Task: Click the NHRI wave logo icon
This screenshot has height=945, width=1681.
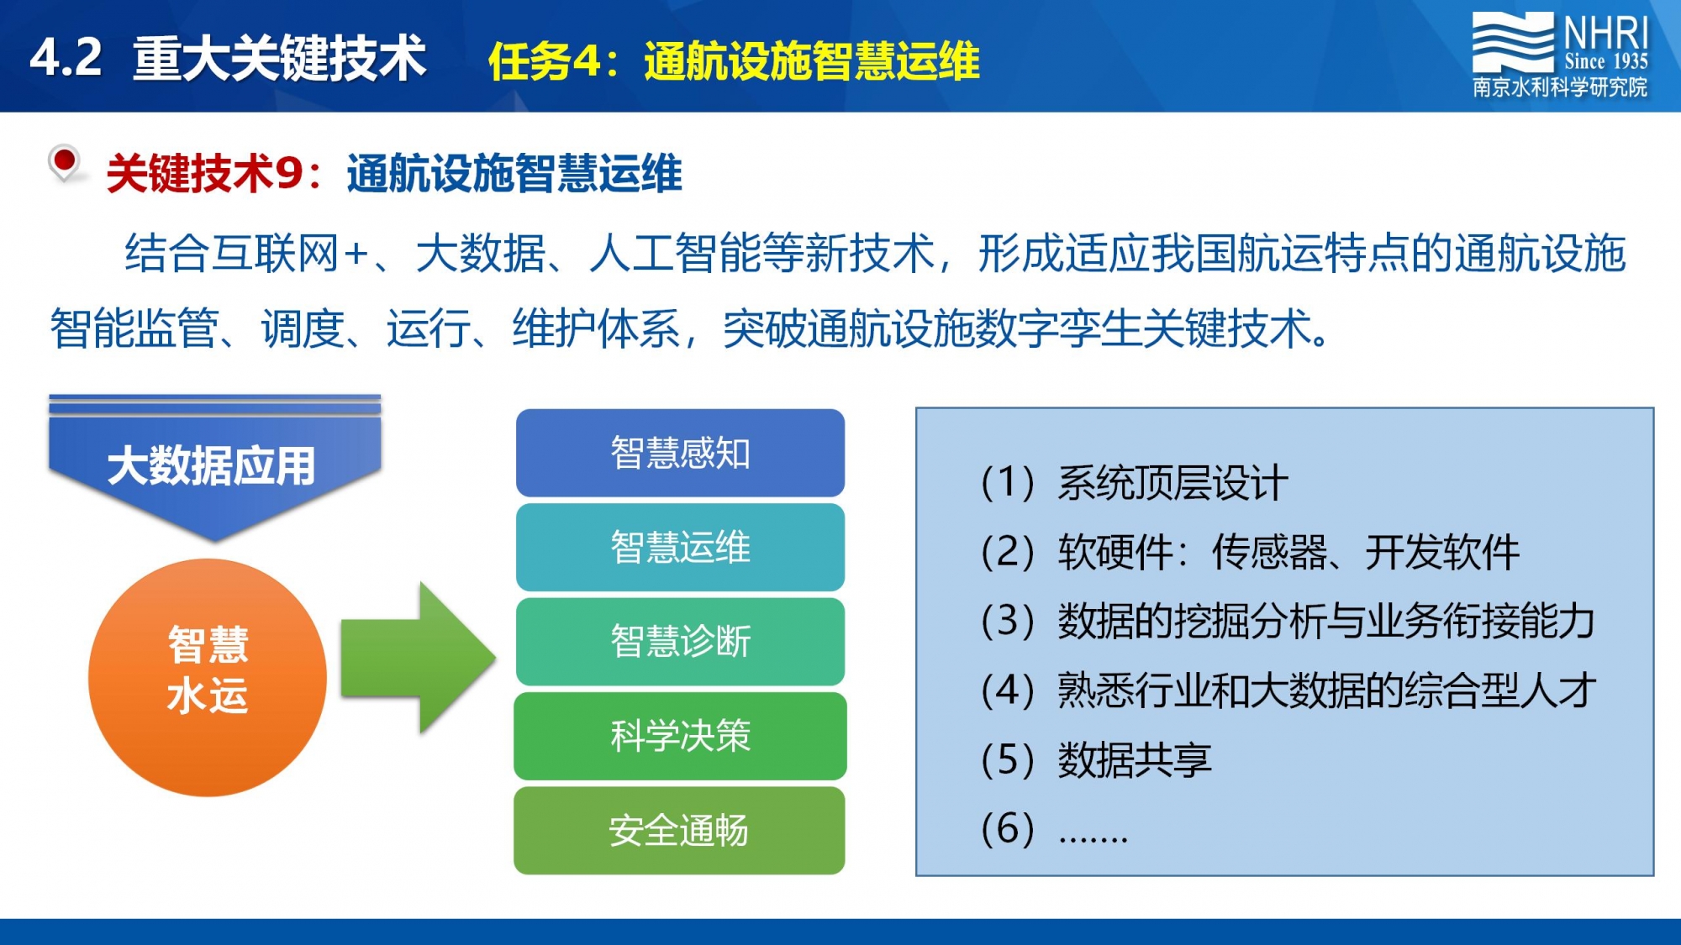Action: tap(1512, 41)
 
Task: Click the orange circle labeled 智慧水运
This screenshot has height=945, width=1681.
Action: tap(208, 677)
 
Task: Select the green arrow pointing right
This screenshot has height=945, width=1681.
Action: tap(419, 658)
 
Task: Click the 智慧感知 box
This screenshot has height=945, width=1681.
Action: tap(680, 453)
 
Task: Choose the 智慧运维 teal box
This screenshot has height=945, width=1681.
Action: tap(680, 547)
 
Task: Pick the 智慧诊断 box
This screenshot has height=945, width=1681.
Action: tap(680, 641)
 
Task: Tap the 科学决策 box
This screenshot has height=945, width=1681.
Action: tap(680, 736)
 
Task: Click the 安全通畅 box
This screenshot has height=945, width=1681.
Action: tap(679, 830)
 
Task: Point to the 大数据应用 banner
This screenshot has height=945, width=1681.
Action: tap(214, 467)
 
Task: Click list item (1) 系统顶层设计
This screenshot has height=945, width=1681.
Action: tap(1134, 483)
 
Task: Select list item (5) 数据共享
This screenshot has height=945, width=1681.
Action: tap(1096, 760)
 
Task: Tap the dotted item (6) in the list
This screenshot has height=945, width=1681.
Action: tap(1054, 830)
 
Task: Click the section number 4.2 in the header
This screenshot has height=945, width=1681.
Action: tap(66, 59)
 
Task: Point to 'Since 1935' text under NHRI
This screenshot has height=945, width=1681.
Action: tap(1606, 60)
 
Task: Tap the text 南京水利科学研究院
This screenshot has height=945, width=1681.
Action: tap(1560, 87)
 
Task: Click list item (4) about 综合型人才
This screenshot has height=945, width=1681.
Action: tap(1288, 690)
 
